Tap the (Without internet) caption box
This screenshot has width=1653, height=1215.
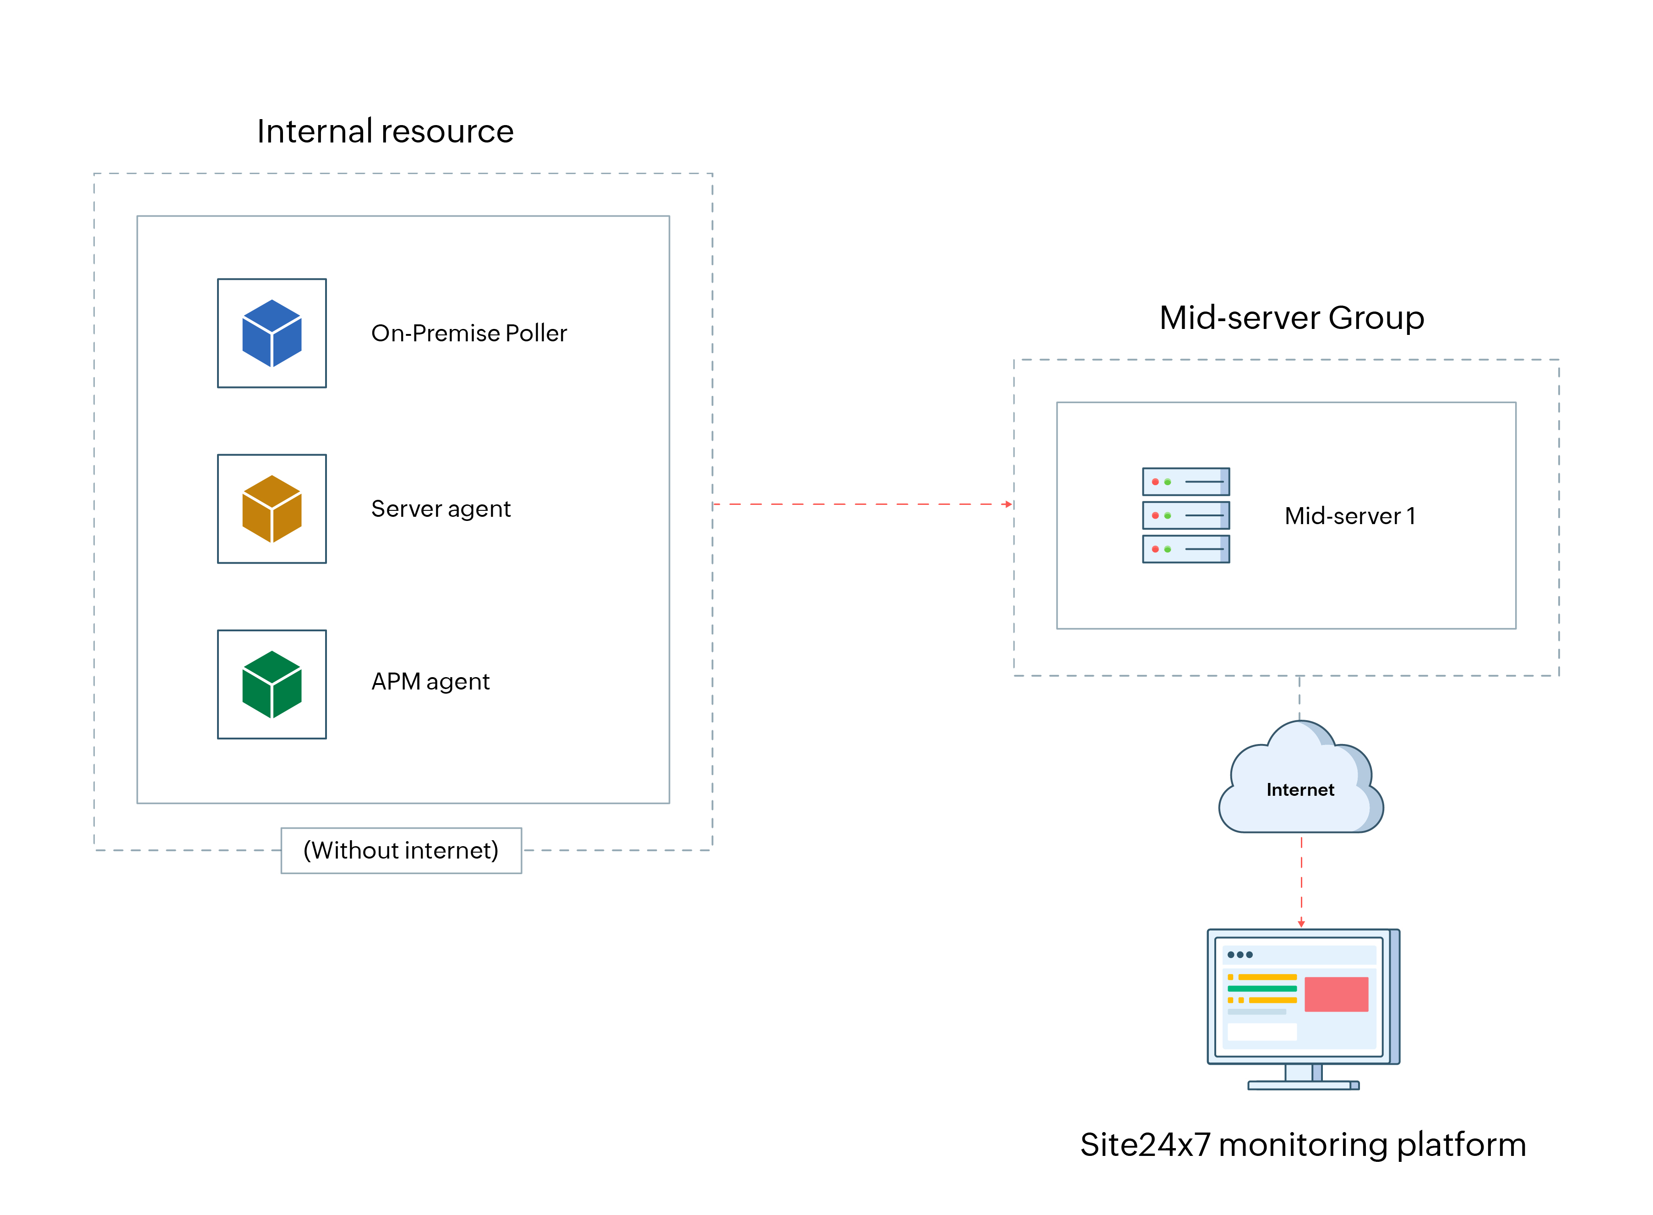coord(401,850)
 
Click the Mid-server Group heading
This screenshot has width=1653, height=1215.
coord(1291,318)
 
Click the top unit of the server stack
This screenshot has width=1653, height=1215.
coord(1185,481)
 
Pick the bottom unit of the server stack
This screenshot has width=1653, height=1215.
coord(1185,549)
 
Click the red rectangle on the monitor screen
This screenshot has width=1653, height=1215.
coord(1336,994)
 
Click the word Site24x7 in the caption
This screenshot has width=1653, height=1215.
coord(1144,1145)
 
